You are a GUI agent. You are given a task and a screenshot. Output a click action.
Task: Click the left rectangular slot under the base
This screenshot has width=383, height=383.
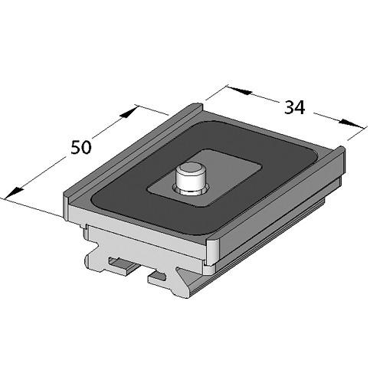pos(119,265)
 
